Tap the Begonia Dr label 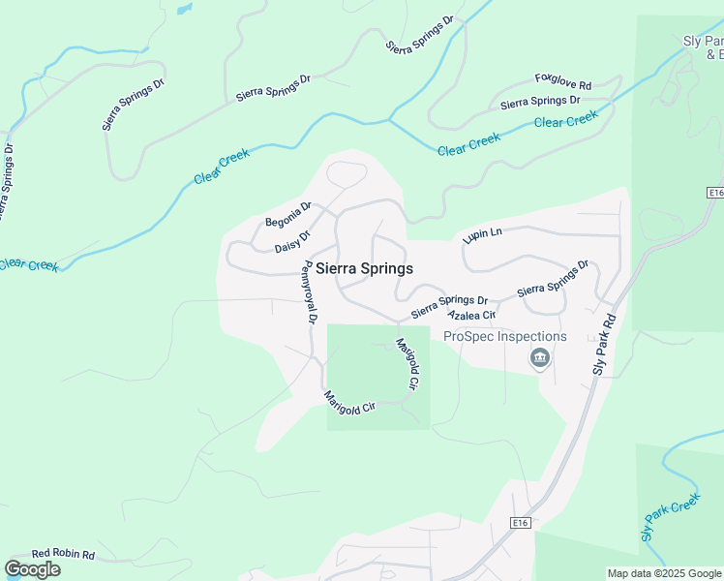point(288,214)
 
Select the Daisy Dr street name point(292,240)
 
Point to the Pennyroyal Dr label point(309,291)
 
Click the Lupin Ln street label point(483,234)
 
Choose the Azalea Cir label point(471,316)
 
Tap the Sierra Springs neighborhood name point(365,269)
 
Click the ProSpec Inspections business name point(504,337)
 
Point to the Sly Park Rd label point(603,343)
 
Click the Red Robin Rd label point(63,555)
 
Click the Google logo point(32,569)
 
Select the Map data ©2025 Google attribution point(664,573)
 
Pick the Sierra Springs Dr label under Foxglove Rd point(540,102)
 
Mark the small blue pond point(183,9)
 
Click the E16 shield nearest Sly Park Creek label point(521,523)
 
